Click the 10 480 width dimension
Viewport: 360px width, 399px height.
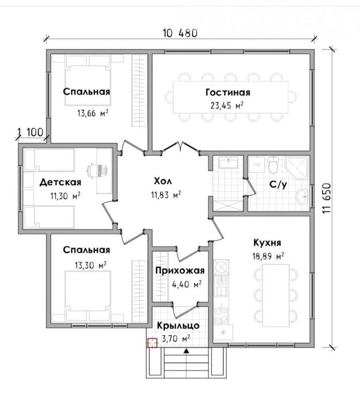[180, 33]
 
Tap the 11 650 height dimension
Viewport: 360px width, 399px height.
[327, 198]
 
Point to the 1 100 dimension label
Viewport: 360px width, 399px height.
[30, 132]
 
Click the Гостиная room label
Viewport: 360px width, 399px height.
[228, 92]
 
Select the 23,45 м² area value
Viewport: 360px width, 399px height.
[227, 105]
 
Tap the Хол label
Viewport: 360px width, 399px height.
[163, 181]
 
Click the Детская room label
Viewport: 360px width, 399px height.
[61, 183]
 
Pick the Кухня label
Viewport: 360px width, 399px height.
[267, 243]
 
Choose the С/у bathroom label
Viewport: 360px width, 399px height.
[278, 184]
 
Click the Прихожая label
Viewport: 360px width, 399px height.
[180, 270]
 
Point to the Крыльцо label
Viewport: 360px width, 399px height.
[178, 326]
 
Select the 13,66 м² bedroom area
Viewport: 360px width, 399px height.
[93, 113]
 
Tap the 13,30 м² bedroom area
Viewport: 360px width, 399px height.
[90, 266]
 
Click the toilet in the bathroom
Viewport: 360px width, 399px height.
[273, 164]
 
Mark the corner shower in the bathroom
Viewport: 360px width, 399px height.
[296, 167]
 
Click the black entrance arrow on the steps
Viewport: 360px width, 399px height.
[186, 351]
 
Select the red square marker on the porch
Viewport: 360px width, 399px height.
[152, 343]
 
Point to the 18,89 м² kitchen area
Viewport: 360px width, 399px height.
[268, 256]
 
